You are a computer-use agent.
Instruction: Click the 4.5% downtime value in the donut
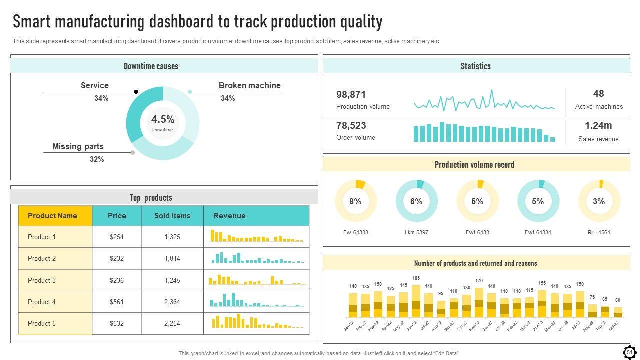click(163, 120)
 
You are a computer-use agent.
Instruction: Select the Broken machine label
click(249, 86)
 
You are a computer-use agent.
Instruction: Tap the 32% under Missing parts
click(97, 159)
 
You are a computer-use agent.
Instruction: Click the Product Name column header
click(52, 216)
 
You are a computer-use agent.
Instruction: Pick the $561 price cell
click(117, 302)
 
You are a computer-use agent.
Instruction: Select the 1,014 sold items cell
click(172, 259)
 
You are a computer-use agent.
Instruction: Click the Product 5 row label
click(42, 323)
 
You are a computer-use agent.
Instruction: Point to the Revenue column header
click(229, 216)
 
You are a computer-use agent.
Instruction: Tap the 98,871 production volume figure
click(351, 94)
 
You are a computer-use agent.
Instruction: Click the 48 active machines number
click(599, 94)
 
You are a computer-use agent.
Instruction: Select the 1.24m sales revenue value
click(598, 125)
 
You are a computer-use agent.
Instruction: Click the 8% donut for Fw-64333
click(355, 201)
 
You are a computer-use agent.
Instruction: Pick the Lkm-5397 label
click(416, 232)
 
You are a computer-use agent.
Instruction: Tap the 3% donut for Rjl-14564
click(599, 201)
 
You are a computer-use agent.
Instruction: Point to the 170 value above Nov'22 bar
click(479, 281)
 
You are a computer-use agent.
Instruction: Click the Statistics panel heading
click(475, 66)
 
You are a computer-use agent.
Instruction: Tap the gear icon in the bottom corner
click(629, 352)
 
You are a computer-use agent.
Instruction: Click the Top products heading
click(151, 198)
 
